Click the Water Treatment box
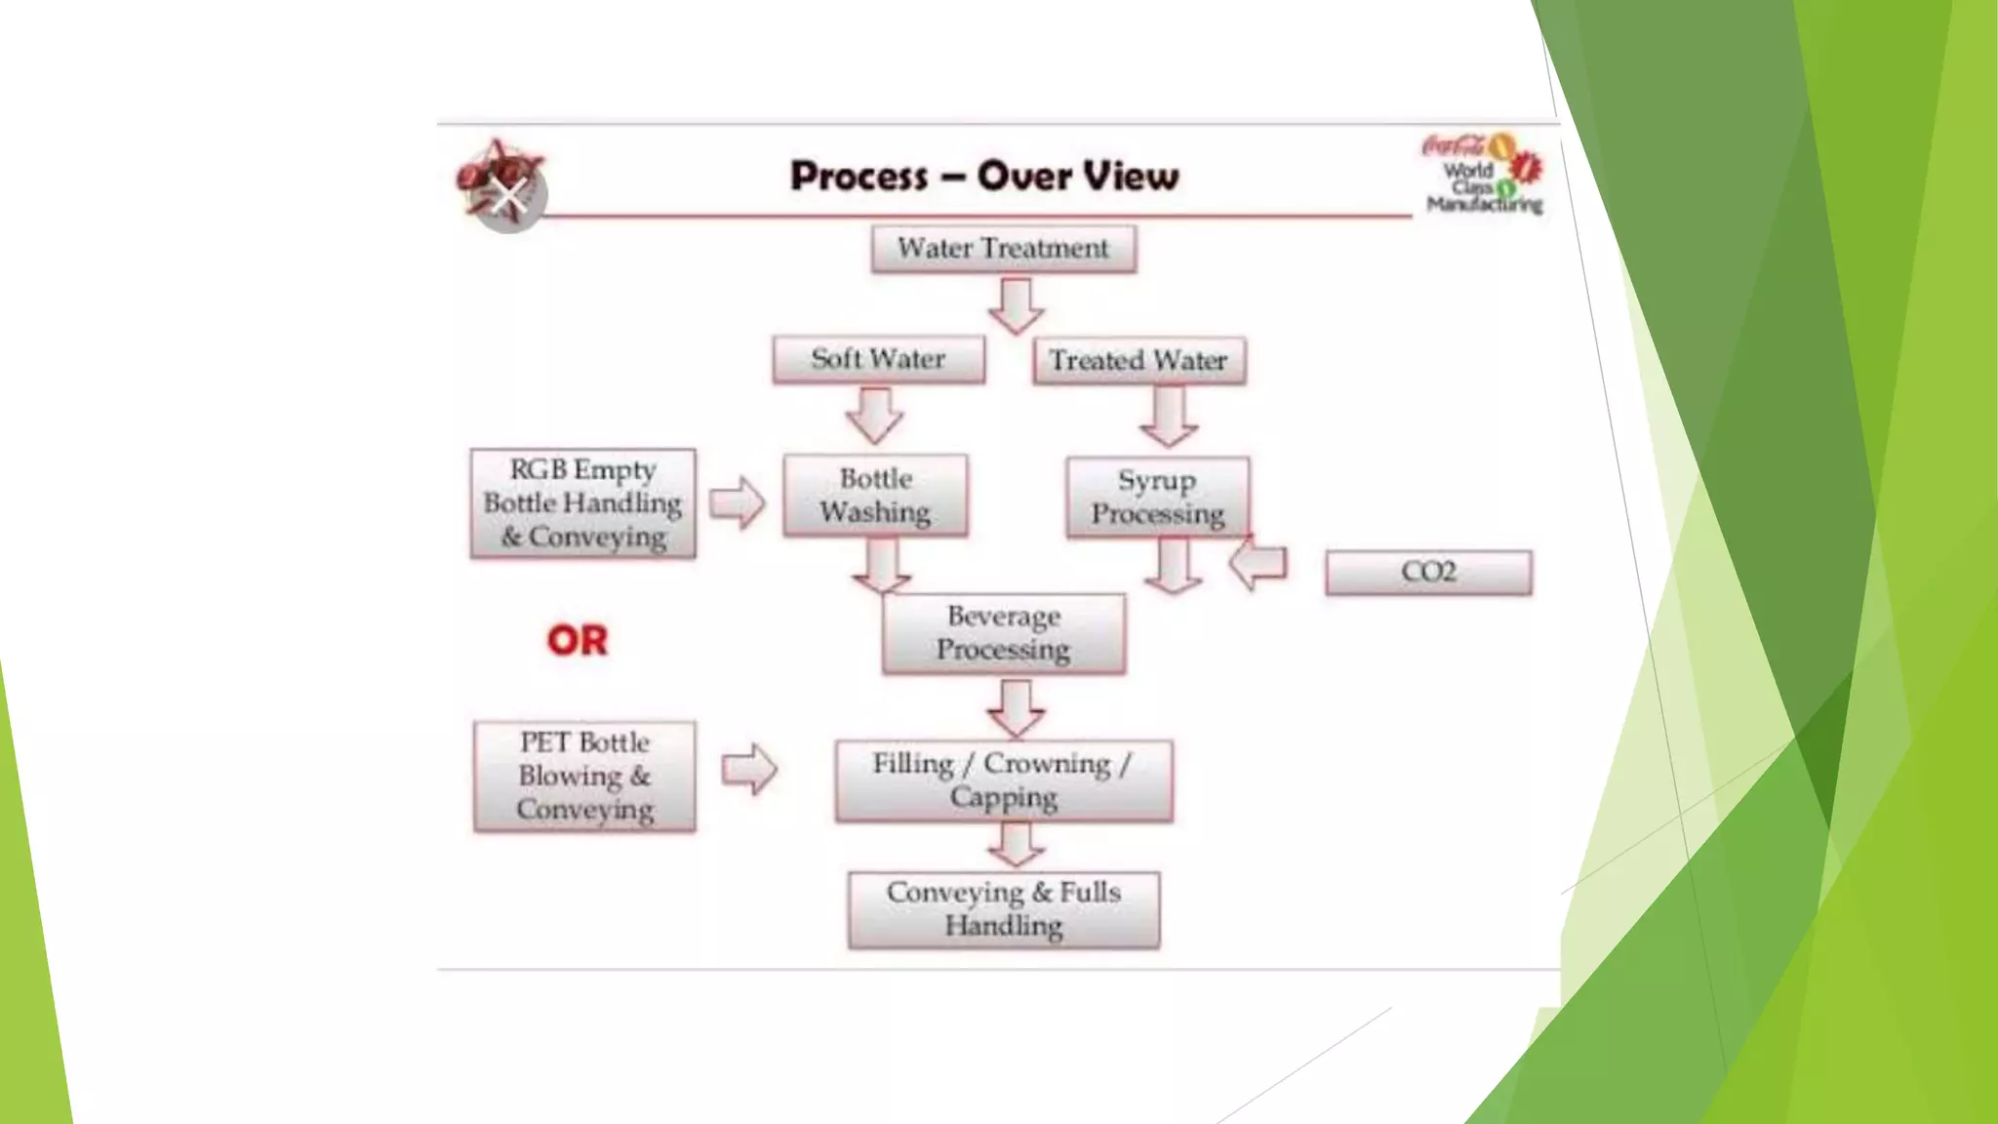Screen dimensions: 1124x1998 1003,249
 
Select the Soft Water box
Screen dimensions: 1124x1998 878,359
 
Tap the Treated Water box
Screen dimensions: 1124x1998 1139,361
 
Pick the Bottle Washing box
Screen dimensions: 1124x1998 875,495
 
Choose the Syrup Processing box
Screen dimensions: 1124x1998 1157,497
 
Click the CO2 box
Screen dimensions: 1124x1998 1428,572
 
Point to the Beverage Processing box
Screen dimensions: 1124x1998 1003,633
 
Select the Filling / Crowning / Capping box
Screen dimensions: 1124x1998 1003,781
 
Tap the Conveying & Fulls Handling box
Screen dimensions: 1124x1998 1003,909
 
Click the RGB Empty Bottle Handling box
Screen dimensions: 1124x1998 582,503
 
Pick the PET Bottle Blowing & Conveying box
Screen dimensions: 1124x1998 584,776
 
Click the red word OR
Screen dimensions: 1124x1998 577,641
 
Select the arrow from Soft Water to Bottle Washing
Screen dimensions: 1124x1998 874,416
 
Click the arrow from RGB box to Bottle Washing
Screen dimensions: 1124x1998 738,502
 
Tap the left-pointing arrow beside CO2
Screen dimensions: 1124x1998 1259,564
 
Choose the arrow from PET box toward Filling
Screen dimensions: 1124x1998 749,769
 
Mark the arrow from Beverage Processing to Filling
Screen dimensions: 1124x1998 1016,707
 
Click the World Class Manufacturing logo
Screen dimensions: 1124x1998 1484,175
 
